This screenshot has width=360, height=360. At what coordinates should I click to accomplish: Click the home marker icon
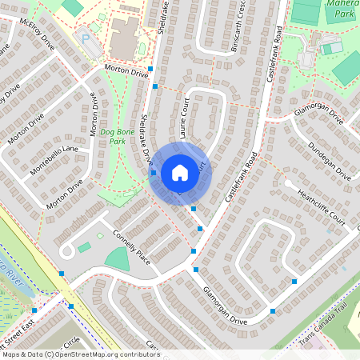click(x=179, y=173)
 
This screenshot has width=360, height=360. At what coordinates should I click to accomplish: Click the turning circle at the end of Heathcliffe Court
click(x=286, y=183)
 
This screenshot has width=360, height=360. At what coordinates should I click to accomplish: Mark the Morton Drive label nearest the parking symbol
click(x=126, y=73)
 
